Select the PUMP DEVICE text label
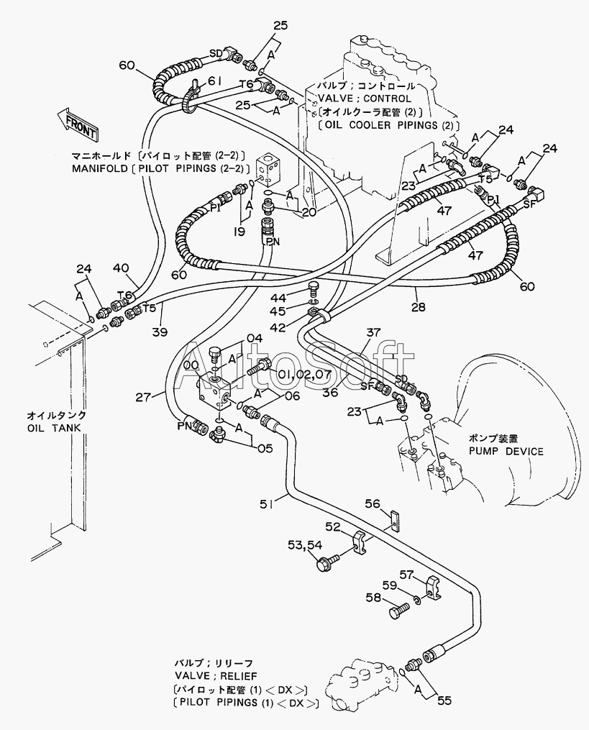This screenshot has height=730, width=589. click(506, 451)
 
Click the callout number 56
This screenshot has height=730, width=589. click(372, 504)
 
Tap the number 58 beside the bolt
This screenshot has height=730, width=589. click(374, 598)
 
